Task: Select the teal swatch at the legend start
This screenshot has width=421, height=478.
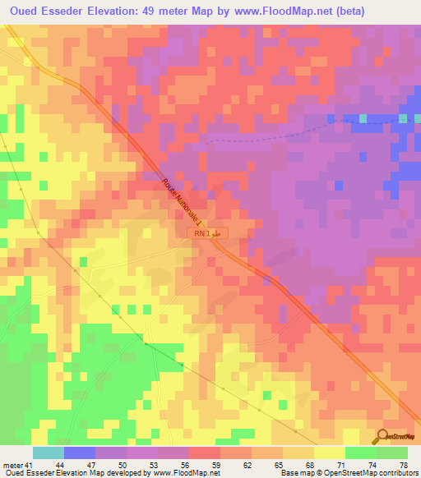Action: [48, 453]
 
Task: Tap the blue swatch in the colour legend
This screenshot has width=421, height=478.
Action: [79, 453]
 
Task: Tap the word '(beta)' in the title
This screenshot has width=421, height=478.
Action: [366, 11]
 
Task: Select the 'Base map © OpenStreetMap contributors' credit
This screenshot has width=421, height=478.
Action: [349, 473]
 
